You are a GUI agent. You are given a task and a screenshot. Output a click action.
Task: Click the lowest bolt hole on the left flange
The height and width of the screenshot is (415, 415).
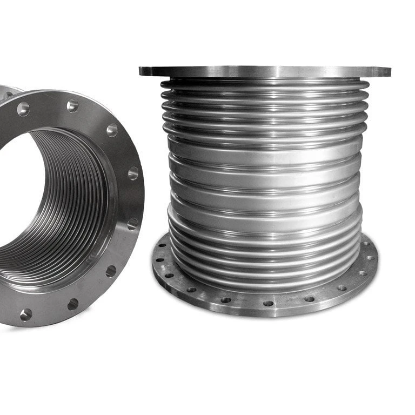click(x=25, y=314)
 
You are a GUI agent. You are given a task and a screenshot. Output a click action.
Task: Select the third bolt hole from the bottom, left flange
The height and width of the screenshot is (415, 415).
click(x=111, y=270)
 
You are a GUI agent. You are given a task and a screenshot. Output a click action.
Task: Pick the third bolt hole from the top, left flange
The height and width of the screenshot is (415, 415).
click(x=112, y=130)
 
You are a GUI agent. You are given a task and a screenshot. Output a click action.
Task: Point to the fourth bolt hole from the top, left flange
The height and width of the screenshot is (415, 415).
click(x=133, y=173)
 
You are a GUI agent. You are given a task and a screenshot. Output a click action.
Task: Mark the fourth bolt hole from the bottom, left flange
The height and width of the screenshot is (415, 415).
click(x=132, y=223)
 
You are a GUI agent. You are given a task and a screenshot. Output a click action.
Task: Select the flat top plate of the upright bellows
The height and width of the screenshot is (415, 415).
click(x=265, y=71)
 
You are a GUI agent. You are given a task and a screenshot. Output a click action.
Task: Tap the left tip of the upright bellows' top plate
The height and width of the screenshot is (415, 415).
click(x=141, y=71)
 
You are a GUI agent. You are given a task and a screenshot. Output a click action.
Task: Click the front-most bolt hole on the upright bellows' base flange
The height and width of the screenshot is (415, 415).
click(x=268, y=303)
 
